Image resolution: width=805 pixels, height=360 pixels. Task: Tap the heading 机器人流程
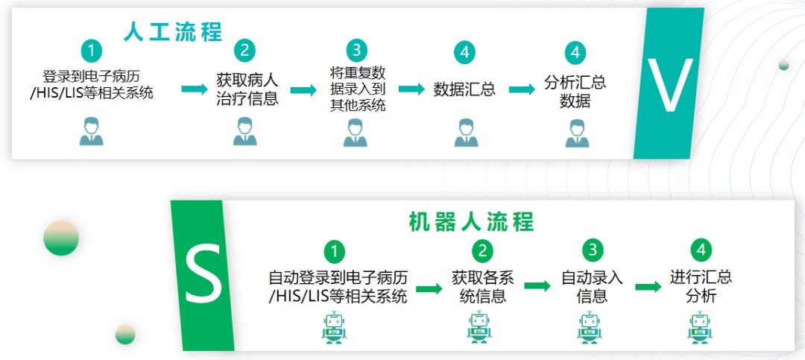(471, 222)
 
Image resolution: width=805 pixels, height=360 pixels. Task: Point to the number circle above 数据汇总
(464, 52)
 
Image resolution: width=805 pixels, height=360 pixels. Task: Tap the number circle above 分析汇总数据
(575, 52)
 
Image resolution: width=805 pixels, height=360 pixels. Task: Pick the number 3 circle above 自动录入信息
(593, 250)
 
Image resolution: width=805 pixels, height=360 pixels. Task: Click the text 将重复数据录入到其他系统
(358, 89)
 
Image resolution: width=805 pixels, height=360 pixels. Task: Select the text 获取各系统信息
(482, 287)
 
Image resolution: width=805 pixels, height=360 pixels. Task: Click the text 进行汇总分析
(701, 287)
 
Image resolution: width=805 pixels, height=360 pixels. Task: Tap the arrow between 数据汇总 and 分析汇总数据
(522, 89)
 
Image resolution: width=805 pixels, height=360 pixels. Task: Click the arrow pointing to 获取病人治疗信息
(194, 89)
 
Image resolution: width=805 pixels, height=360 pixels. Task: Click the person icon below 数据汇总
(466, 133)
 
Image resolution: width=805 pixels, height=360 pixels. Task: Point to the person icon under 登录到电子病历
(91, 132)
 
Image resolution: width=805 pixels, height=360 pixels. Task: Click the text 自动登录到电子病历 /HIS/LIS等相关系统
(338, 287)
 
